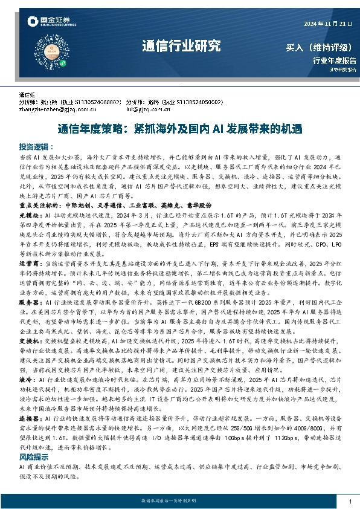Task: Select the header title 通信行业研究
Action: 181,46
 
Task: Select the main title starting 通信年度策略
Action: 179,129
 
